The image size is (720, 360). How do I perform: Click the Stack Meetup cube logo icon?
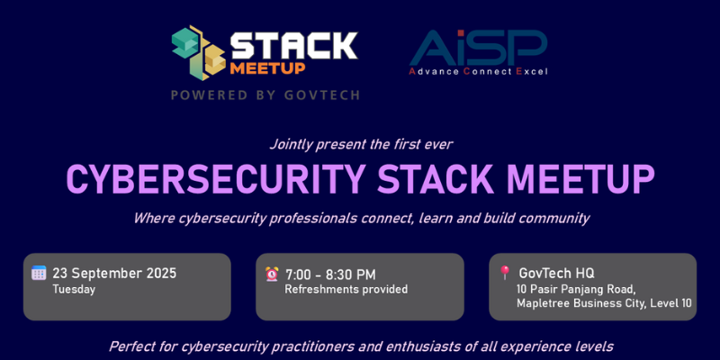click(199, 53)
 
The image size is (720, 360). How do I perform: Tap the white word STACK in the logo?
click(294, 45)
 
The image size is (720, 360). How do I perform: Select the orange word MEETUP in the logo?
click(267, 68)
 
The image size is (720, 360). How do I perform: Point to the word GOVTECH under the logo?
click(322, 95)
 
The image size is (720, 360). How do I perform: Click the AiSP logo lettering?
click(479, 48)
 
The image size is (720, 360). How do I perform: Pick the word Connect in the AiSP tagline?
click(487, 72)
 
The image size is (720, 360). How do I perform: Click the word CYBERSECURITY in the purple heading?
click(216, 178)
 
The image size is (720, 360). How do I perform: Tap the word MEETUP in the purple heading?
click(580, 178)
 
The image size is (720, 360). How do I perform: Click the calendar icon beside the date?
click(39, 273)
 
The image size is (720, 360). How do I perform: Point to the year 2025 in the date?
click(161, 274)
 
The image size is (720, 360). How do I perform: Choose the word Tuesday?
click(74, 290)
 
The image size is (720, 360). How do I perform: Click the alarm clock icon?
click(272, 274)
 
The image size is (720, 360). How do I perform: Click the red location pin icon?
click(505, 273)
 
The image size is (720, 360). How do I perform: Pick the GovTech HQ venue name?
click(556, 274)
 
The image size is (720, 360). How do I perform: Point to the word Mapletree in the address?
click(539, 303)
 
